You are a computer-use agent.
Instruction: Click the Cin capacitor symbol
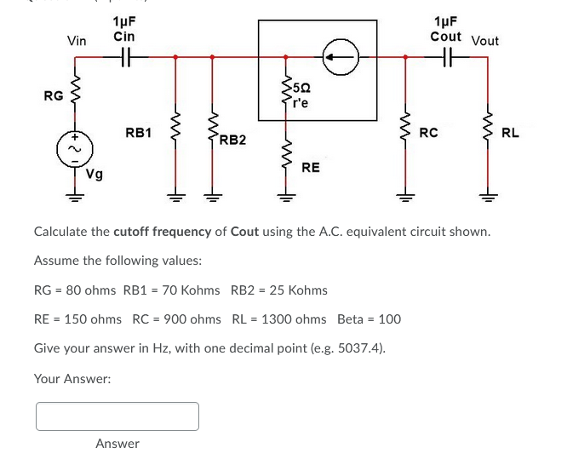tap(123, 58)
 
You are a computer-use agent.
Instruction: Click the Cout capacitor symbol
tap(446, 58)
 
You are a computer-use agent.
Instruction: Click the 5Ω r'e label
tap(301, 95)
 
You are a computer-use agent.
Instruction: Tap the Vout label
tap(484, 41)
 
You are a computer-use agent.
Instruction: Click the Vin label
tap(77, 41)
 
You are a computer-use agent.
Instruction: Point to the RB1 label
tap(138, 133)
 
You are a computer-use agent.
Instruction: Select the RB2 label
tap(232, 140)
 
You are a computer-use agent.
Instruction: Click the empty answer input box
tap(117, 416)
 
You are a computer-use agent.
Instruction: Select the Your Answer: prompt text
tap(72, 378)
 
